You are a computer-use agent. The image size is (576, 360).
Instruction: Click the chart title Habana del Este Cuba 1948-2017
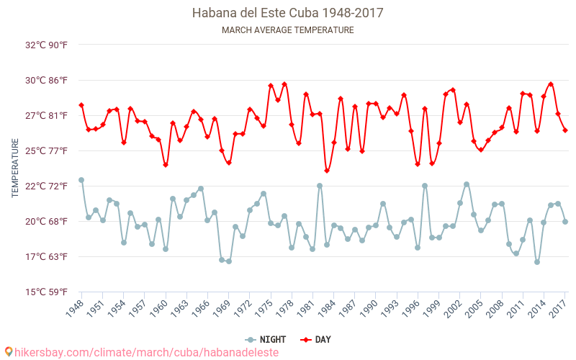pos(287,13)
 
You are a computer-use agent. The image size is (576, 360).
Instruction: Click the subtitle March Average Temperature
pos(287,30)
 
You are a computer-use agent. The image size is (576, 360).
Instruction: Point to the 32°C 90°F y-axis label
pos(47,45)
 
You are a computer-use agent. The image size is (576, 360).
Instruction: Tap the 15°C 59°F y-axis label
pos(47,292)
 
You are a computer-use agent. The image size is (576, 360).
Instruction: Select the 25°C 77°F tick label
pos(47,150)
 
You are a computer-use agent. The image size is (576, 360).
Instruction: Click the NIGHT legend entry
pos(266,339)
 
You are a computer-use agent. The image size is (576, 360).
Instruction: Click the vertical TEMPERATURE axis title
pos(15,168)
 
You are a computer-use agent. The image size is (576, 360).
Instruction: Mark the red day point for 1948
pos(81,105)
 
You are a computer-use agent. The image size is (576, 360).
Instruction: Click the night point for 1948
pos(81,180)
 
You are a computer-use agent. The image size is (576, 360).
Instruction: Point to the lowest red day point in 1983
pos(327,171)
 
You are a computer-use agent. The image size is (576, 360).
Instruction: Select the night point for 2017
pos(565,222)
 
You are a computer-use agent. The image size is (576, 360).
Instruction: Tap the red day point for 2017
pos(565,130)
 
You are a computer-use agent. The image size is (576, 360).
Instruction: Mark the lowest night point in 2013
pos(537,262)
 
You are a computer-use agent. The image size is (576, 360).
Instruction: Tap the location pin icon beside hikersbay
pos(9,352)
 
